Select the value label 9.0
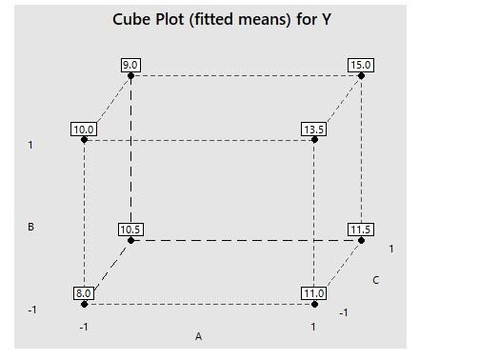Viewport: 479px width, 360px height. (x=130, y=65)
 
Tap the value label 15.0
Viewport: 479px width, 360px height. (x=361, y=65)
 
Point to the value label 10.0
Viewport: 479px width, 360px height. (x=84, y=130)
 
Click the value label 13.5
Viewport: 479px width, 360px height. (x=314, y=130)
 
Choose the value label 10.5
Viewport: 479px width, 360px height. (x=130, y=230)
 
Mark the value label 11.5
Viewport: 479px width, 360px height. (x=361, y=230)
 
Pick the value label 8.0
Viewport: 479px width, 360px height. (x=84, y=293)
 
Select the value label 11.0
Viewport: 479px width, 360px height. (x=314, y=293)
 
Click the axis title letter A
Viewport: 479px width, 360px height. (x=199, y=336)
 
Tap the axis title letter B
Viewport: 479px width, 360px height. (x=31, y=228)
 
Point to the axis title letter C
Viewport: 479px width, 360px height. (x=376, y=280)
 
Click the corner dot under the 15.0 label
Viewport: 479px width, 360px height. (x=362, y=75)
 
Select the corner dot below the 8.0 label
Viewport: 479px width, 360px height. (x=84, y=304)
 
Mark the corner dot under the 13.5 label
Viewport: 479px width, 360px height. (x=314, y=140)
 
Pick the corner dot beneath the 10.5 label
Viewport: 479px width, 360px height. (x=131, y=240)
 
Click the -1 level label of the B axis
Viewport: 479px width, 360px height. (x=31, y=310)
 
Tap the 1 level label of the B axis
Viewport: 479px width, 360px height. (x=30, y=146)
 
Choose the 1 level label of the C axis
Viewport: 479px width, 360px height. (x=391, y=249)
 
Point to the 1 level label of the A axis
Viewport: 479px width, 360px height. (x=313, y=327)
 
